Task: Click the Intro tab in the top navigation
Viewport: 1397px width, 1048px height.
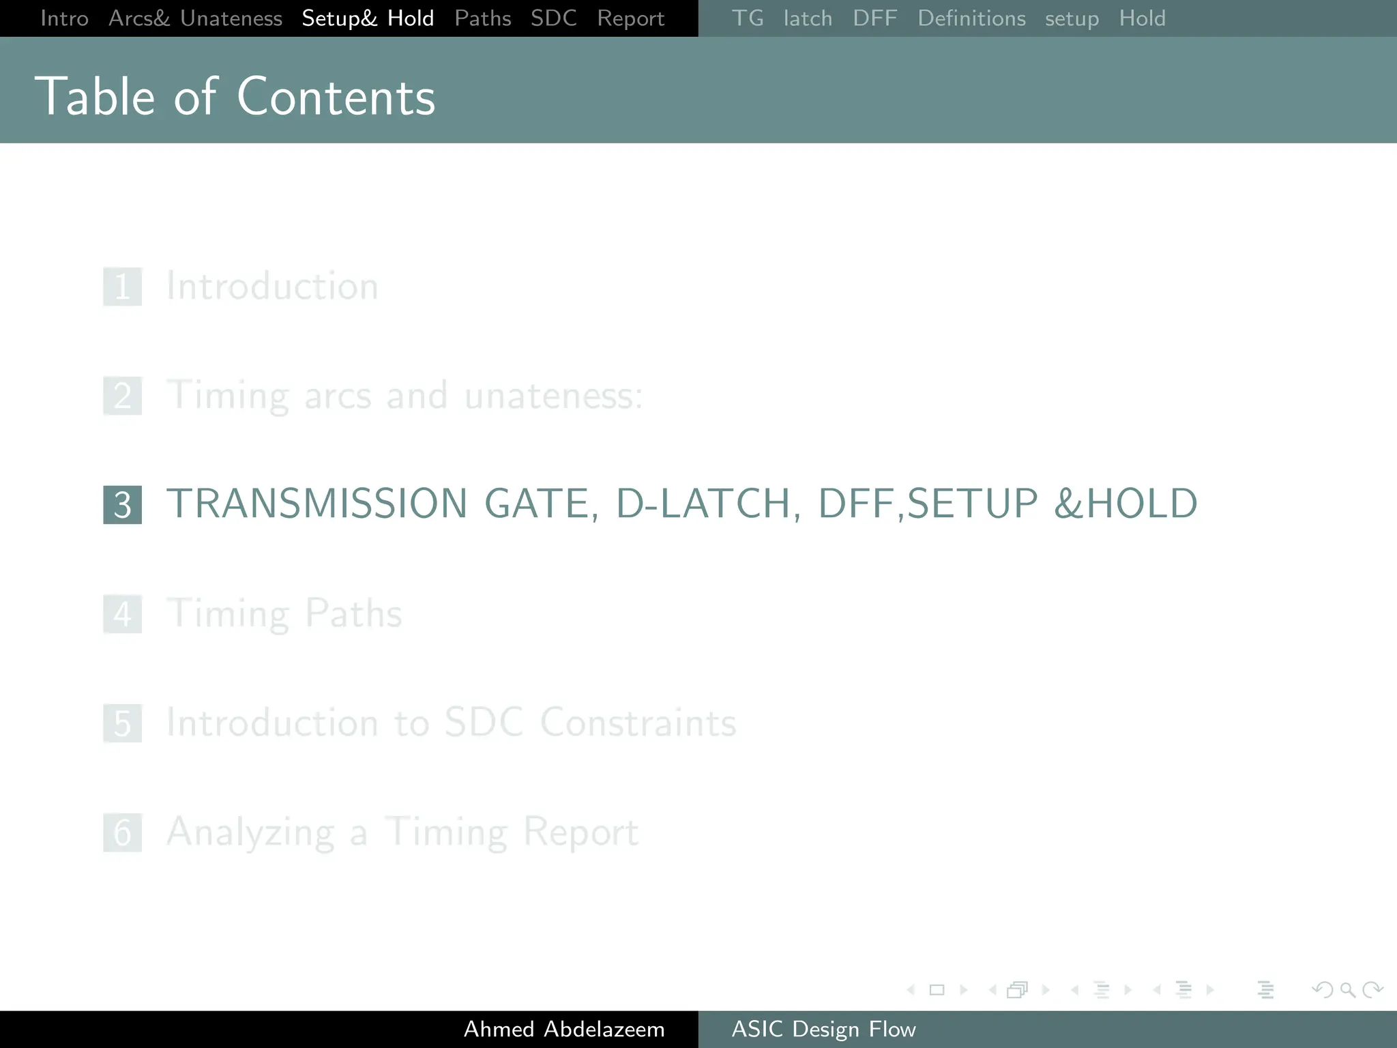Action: [x=64, y=18]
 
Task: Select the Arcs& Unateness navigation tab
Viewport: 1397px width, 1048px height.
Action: [x=195, y=18]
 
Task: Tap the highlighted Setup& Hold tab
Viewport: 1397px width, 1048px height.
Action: [x=368, y=18]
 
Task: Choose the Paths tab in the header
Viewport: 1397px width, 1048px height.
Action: [x=482, y=18]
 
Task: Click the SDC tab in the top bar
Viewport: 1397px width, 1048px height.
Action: [x=553, y=18]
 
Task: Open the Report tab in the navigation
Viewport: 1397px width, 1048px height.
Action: [x=630, y=18]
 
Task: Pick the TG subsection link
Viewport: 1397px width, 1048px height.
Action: [x=747, y=18]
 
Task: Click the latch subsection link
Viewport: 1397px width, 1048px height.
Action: [x=808, y=18]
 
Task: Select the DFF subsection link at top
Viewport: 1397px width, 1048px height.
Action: [x=874, y=18]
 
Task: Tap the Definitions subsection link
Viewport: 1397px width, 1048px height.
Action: [x=971, y=18]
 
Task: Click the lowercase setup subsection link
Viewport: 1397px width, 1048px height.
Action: [x=1072, y=18]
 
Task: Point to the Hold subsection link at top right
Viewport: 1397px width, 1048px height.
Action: [x=1142, y=18]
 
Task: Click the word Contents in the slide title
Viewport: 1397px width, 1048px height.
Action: [x=336, y=97]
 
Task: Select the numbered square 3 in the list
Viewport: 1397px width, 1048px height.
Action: [x=123, y=505]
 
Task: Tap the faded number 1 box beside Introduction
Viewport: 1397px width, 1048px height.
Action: [x=123, y=287]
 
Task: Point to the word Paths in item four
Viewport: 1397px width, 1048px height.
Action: [x=353, y=613]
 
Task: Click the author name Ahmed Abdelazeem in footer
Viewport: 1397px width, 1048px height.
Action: [x=564, y=1029]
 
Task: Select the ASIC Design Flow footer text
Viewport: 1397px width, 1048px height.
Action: [x=823, y=1029]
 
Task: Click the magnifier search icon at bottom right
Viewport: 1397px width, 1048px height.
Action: [x=1347, y=989]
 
